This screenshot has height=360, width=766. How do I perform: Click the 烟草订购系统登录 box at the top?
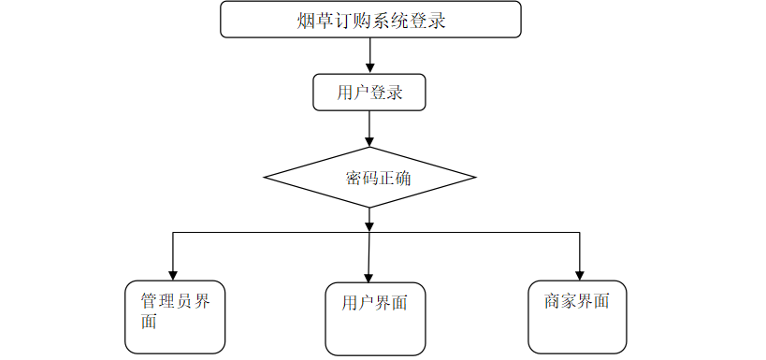(370, 20)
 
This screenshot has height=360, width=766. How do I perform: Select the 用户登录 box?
(369, 93)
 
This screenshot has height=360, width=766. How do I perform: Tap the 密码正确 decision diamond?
(369, 178)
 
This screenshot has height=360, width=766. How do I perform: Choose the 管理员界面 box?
(175, 317)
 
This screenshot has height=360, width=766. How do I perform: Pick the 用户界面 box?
(375, 319)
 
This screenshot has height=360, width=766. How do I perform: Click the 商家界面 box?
(577, 317)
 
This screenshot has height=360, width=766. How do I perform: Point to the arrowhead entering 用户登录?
(369, 68)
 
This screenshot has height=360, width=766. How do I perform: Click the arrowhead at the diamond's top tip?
(369, 142)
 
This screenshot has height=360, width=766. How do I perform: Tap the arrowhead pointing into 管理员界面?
(172, 276)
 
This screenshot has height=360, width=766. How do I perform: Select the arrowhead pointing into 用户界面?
(369, 278)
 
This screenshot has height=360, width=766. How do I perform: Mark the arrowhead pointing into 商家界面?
(579, 276)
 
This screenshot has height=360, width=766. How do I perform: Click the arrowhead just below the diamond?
(369, 226)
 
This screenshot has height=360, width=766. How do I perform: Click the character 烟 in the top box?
(305, 21)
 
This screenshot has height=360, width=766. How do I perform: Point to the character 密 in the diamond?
(354, 179)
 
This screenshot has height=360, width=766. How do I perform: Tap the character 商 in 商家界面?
(553, 301)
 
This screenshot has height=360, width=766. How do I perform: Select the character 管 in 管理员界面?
(150, 301)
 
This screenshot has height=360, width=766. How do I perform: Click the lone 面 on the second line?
(149, 322)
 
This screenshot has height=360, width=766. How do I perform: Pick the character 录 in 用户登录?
(394, 93)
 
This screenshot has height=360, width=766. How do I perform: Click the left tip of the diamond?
(265, 178)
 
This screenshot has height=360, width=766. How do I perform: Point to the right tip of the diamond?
(475, 178)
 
